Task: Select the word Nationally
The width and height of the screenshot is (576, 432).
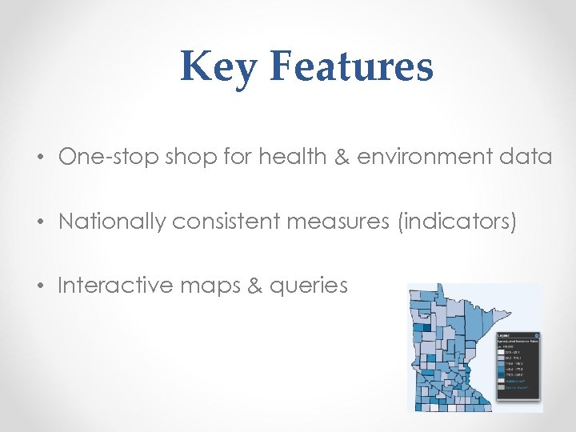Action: tap(110, 221)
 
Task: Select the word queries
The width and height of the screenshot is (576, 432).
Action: tap(308, 286)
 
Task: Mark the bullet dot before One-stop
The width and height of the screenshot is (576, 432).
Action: tap(39, 158)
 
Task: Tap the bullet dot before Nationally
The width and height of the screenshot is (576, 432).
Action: tap(39, 222)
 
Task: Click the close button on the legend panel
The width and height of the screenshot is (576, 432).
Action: tap(537, 335)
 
